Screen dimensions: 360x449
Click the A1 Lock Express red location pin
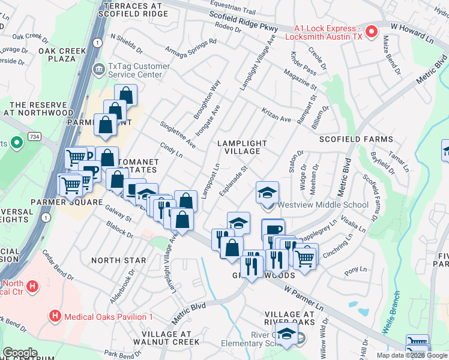[x=372, y=31]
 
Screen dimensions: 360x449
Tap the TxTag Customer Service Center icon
[x=98, y=70]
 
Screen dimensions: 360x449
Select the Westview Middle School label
[x=324, y=205]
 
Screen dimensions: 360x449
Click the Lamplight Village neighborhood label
[x=242, y=147]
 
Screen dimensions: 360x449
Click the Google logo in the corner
[x=20, y=353]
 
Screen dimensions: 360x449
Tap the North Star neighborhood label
[x=118, y=260]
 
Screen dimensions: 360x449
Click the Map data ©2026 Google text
[x=411, y=355]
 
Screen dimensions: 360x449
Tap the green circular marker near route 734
[x=17, y=143]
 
